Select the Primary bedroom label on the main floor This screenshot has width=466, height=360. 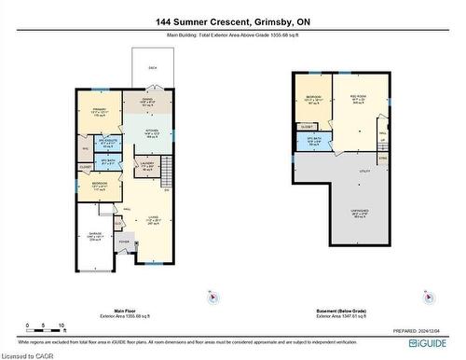pyautogui.click(x=98, y=109)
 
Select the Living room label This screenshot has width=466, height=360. pyautogui.click(x=152, y=219)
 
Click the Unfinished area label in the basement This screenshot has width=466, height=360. pyautogui.click(x=359, y=214)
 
